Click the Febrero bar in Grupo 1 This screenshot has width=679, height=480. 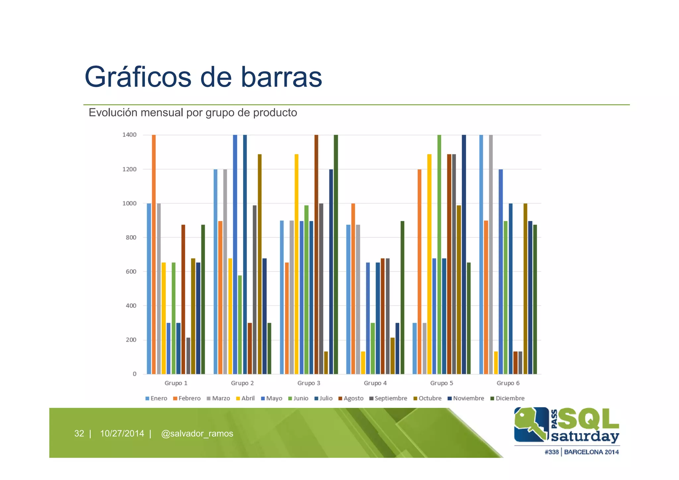154,254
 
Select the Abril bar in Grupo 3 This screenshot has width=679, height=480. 296,264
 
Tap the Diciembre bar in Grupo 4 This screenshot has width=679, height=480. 402,298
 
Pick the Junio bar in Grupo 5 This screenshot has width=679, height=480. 439,254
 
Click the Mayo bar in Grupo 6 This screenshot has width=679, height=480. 501,272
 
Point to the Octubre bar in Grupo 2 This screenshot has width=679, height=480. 260,264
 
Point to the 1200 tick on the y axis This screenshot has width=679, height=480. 129,169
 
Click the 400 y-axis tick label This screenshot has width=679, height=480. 131,306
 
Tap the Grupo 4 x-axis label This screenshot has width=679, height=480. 375,383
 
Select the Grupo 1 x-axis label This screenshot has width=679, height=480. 176,383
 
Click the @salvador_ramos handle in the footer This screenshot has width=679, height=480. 197,434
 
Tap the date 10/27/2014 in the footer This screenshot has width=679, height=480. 122,434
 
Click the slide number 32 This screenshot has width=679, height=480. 79,434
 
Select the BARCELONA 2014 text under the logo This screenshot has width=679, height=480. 591,452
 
